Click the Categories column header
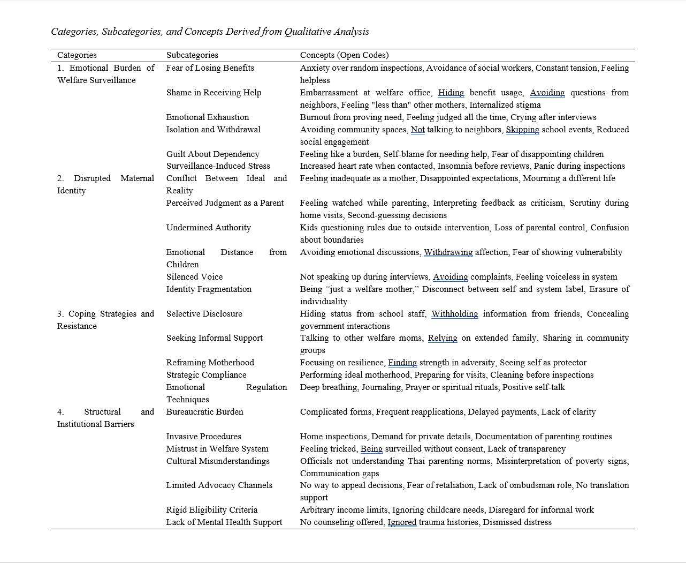[x=77, y=55]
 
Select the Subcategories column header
[x=192, y=55]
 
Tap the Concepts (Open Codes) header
[x=344, y=55]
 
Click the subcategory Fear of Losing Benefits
[x=210, y=68]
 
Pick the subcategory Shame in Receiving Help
[x=214, y=93]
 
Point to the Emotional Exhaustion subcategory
[x=208, y=117]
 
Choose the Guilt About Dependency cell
[x=212, y=154]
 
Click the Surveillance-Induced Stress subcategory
[x=218, y=166]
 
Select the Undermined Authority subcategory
[x=208, y=228]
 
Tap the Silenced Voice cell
[x=194, y=277]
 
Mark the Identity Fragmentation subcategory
[x=209, y=289]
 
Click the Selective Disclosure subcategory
[x=204, y=314]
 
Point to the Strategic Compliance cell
[x=206, y=375]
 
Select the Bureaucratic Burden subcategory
[x=204, y=412]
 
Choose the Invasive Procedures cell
[x=203, y=437]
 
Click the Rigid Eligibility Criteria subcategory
[x=211, y=510]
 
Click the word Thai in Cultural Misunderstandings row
[x=417, y=461]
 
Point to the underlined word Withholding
[x=454, y=314]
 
